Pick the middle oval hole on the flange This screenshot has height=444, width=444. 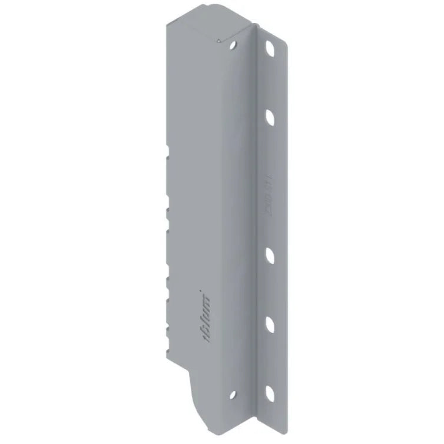[x=271, y=254]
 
